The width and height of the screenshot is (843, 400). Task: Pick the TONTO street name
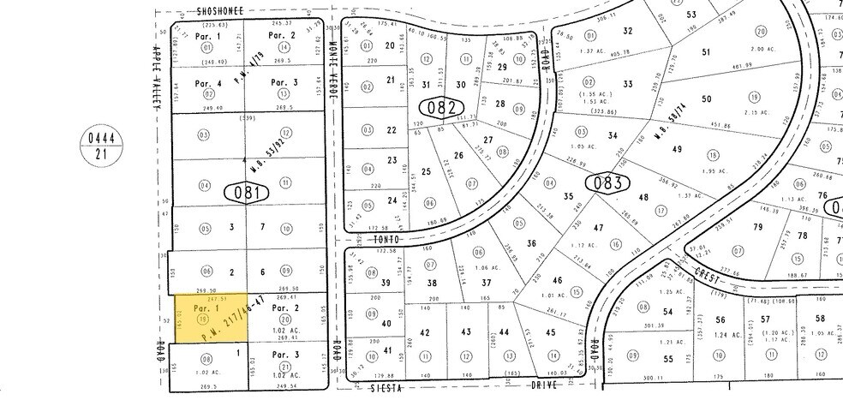(388, 241)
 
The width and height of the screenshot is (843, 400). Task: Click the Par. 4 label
(208, 83)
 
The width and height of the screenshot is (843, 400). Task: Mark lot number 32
(628, 31)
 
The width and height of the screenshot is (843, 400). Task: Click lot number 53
(691, 15)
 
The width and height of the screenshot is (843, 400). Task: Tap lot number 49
(677, 150)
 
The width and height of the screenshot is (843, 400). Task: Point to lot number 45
(551, 332)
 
